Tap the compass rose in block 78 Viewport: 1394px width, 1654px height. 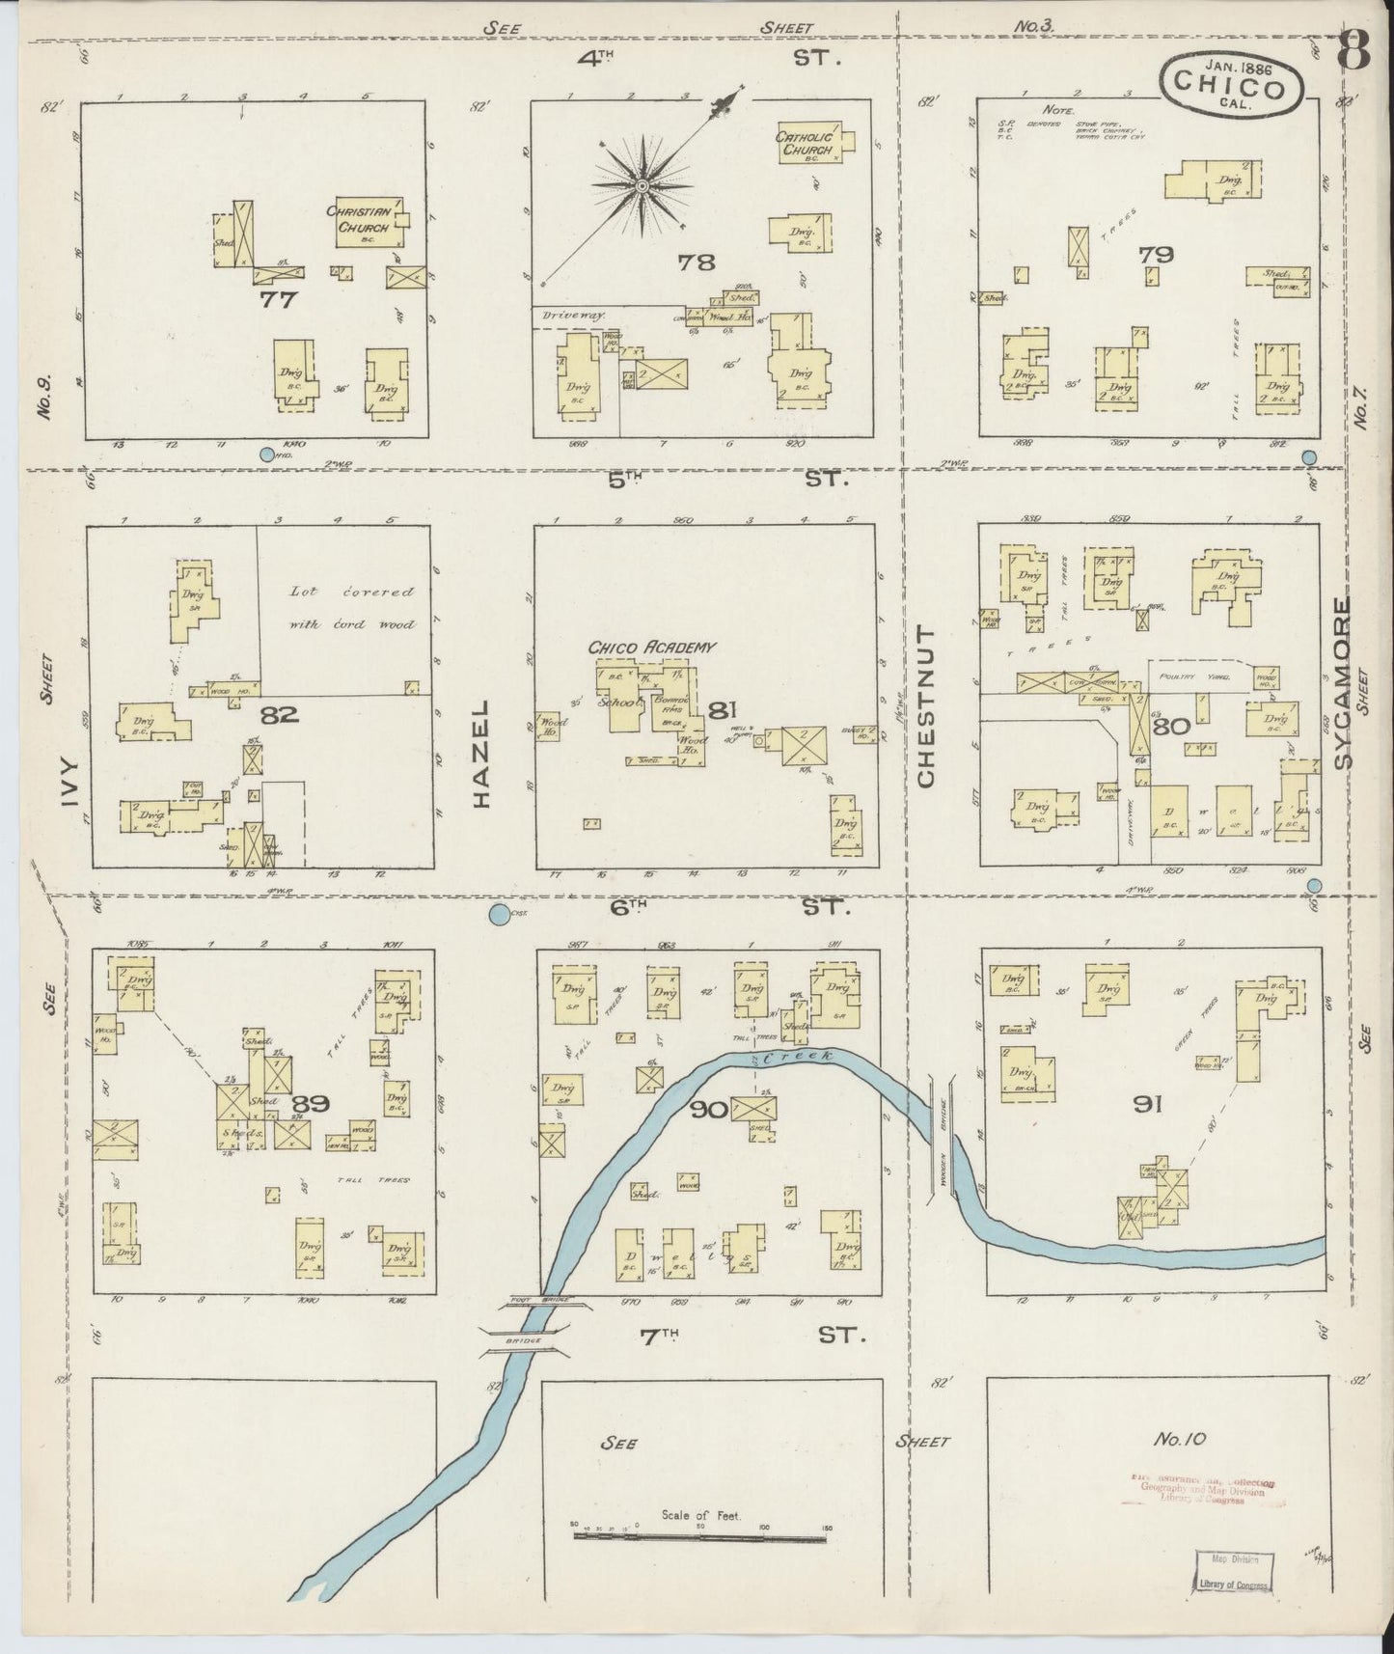(x=641, y=182)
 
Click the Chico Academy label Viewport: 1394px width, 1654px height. (x=652, y=647)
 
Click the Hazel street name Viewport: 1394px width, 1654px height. (x=482, y=754)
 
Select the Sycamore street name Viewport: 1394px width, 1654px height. (x=1342, y=682)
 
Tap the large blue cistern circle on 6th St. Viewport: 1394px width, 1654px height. (x=500, y=915)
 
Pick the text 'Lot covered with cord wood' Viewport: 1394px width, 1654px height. (x=352, y=608)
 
